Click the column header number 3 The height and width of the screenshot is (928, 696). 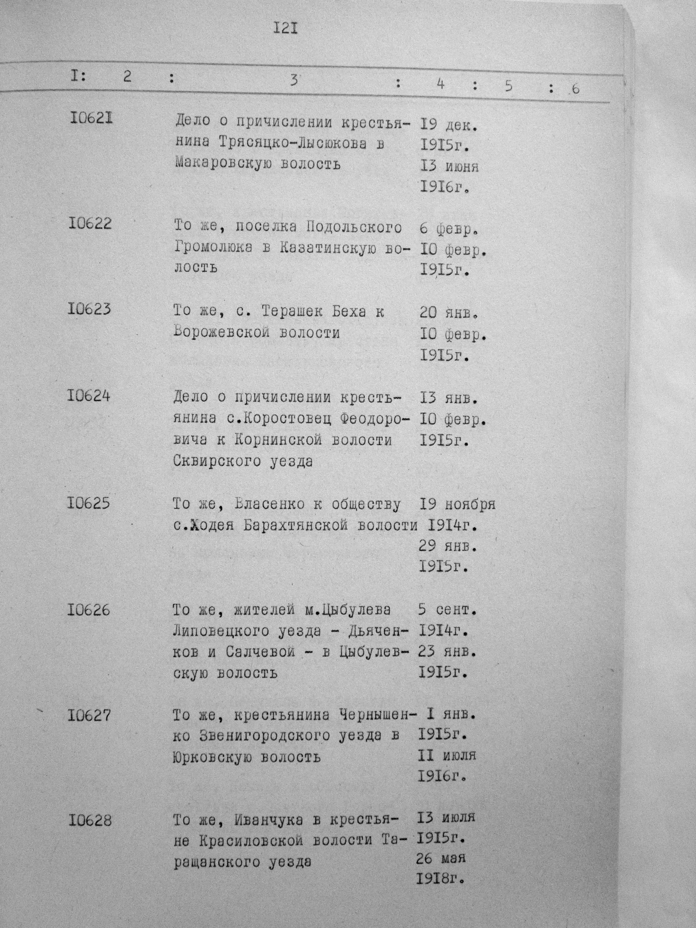tap(294, 80)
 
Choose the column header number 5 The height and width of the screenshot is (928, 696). tap(509, 86)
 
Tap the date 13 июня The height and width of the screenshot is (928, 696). tap(449, 166)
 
